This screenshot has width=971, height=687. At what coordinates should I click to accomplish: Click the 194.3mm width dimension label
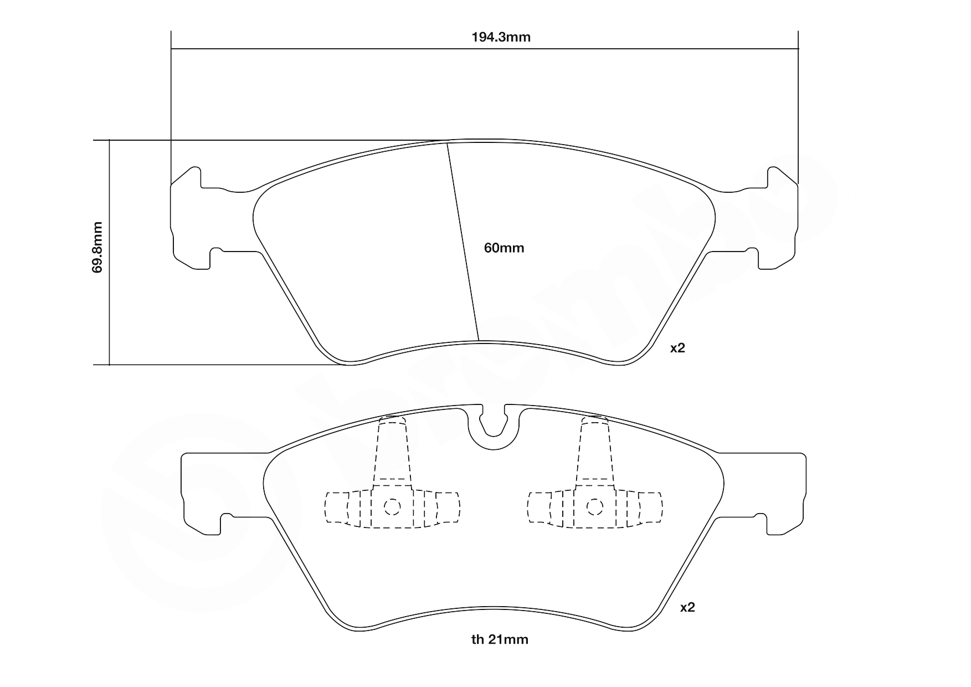[x=501, y=38]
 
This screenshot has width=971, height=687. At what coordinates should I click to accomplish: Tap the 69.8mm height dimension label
[x=98, y=247]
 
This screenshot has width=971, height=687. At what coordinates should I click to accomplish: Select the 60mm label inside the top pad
[x=504, y=248]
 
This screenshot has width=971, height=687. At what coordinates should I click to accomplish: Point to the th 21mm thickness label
[x=500, y=640]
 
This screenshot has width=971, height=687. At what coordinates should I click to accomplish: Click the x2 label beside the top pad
[x=677, y=348]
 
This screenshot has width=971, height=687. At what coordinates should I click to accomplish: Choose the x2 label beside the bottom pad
[x=687, y=607]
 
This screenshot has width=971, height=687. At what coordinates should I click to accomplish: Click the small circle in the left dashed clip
[x=392, y=506]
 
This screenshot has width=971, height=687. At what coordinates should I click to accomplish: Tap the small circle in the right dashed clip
[x=595, y=506]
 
